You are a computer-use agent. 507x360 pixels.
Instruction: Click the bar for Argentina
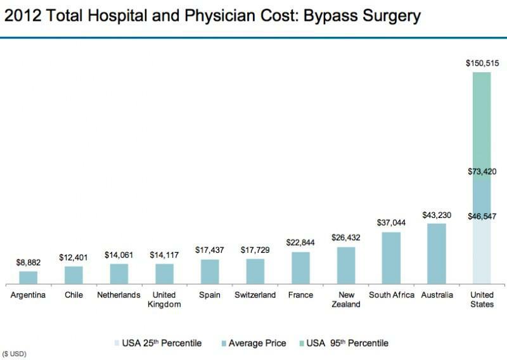tap(29, 278)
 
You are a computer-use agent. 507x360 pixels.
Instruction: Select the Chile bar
tap(74, 275)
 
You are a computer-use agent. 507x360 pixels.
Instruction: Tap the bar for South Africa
tap(391, 258)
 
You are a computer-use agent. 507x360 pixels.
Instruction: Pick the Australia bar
tap(437, 254)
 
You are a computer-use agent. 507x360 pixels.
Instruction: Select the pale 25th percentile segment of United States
tap(482, 254)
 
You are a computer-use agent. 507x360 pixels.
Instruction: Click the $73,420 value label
tap(482, 172)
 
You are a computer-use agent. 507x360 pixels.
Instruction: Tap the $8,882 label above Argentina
tap(29, 262)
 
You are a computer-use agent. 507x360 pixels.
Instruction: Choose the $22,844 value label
tap(300, 243)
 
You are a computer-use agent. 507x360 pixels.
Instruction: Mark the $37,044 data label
tap(391, 223)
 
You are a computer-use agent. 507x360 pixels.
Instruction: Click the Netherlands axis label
tap(119, 295)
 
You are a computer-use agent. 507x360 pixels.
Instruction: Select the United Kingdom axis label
tap(164, 299)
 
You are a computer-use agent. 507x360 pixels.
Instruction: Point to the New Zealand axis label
tap(345, 299)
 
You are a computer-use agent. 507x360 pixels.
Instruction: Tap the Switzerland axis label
tap(255, 295)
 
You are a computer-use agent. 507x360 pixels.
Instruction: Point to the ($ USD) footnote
tap(15, 352)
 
